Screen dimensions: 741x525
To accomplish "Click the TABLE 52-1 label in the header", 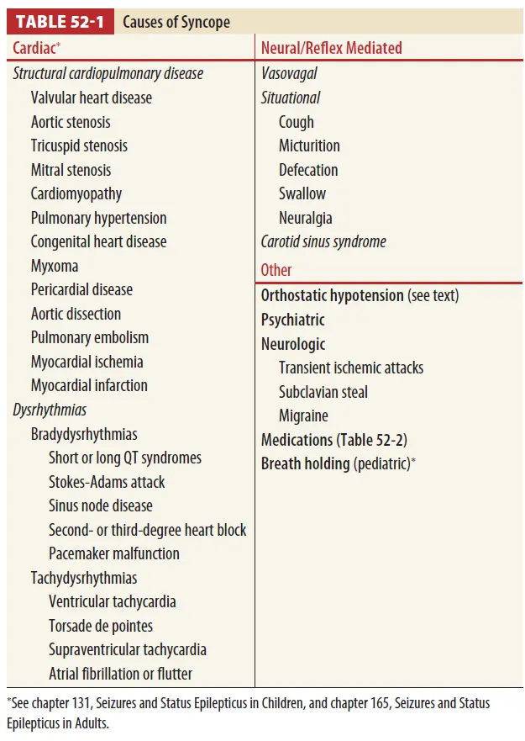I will pos(59,22).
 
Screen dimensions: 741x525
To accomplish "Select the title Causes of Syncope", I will pos(176,22).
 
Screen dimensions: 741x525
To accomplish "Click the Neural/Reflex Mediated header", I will pos(331,49).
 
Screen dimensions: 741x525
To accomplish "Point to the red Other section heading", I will pos(276,270).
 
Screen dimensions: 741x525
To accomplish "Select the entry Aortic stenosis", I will pos(71,122).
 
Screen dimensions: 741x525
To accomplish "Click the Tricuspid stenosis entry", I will pos(79,146).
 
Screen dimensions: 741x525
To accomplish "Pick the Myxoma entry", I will pos(55,266).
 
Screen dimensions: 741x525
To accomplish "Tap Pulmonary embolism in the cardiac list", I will pos(90,337).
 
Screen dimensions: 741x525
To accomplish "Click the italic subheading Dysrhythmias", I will pos(50,410).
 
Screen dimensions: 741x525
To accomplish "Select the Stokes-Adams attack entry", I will pos(107,482).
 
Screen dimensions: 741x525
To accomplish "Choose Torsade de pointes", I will pos(101,626).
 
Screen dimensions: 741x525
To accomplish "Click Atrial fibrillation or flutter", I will pos(120,674).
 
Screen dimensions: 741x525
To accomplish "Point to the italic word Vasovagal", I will pos(289,73).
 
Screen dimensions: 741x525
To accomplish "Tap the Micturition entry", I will pos(309,146).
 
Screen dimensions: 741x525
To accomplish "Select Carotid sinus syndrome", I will pos(323,241).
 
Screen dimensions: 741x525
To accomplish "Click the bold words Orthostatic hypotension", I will pos(332,295).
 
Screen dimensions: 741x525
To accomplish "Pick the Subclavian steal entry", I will pos(323,392).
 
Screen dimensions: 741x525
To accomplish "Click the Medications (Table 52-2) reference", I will pos(334,440).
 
